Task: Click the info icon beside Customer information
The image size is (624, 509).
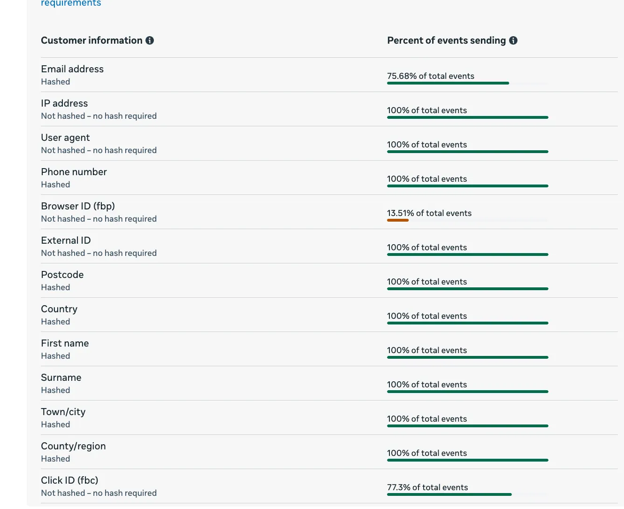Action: [150, 40]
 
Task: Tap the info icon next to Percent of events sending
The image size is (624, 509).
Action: [513, 40]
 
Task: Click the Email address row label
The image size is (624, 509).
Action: [72, 69]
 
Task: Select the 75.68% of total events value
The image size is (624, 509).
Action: [431, 76]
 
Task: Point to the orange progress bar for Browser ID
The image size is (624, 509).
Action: [398, 220]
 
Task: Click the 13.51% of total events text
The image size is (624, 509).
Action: [429, 213]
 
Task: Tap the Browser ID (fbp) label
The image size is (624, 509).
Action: [78, 206]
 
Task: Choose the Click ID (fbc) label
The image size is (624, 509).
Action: [70, 480]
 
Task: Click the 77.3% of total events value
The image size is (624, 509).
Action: [428, 487]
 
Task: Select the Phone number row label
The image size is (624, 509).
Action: [74, 172]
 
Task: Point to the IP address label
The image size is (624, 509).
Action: [64, 103]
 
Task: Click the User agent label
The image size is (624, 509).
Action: [65, 138]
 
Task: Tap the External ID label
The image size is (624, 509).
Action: [66, 240]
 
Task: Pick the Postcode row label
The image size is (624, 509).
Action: [62, 275]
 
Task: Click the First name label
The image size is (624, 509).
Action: [65, 343]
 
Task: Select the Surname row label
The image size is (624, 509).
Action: [61, 378]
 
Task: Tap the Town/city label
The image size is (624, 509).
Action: [63, 412]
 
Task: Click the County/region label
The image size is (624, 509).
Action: [74, 446]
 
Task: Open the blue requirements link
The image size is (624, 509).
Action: [71, 3]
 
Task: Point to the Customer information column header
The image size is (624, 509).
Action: [91, 40]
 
